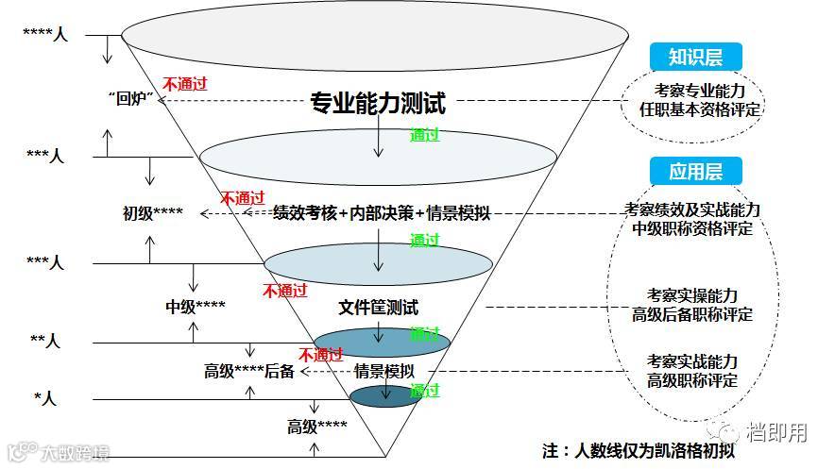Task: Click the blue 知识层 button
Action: click(695, 58)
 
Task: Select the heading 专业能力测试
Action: click(378, 103)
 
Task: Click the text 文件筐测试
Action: click(378, 308)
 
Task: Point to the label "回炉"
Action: click(131, 98)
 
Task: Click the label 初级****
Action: click(153, 212)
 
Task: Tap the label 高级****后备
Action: click(249, 371)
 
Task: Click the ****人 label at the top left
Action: click(45, 35)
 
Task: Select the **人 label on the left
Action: click(46, 342)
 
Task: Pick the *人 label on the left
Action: click(45, 398)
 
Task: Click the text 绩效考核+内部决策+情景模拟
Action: click(382, 212)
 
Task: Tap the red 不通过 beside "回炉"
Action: click(185, 83)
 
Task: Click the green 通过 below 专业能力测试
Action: click(425, 135)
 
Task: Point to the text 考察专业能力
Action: click(700, 91)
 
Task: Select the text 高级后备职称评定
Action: click(692, 314)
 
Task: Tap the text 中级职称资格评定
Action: click(692, 228)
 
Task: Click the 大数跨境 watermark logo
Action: click(57, 453)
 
